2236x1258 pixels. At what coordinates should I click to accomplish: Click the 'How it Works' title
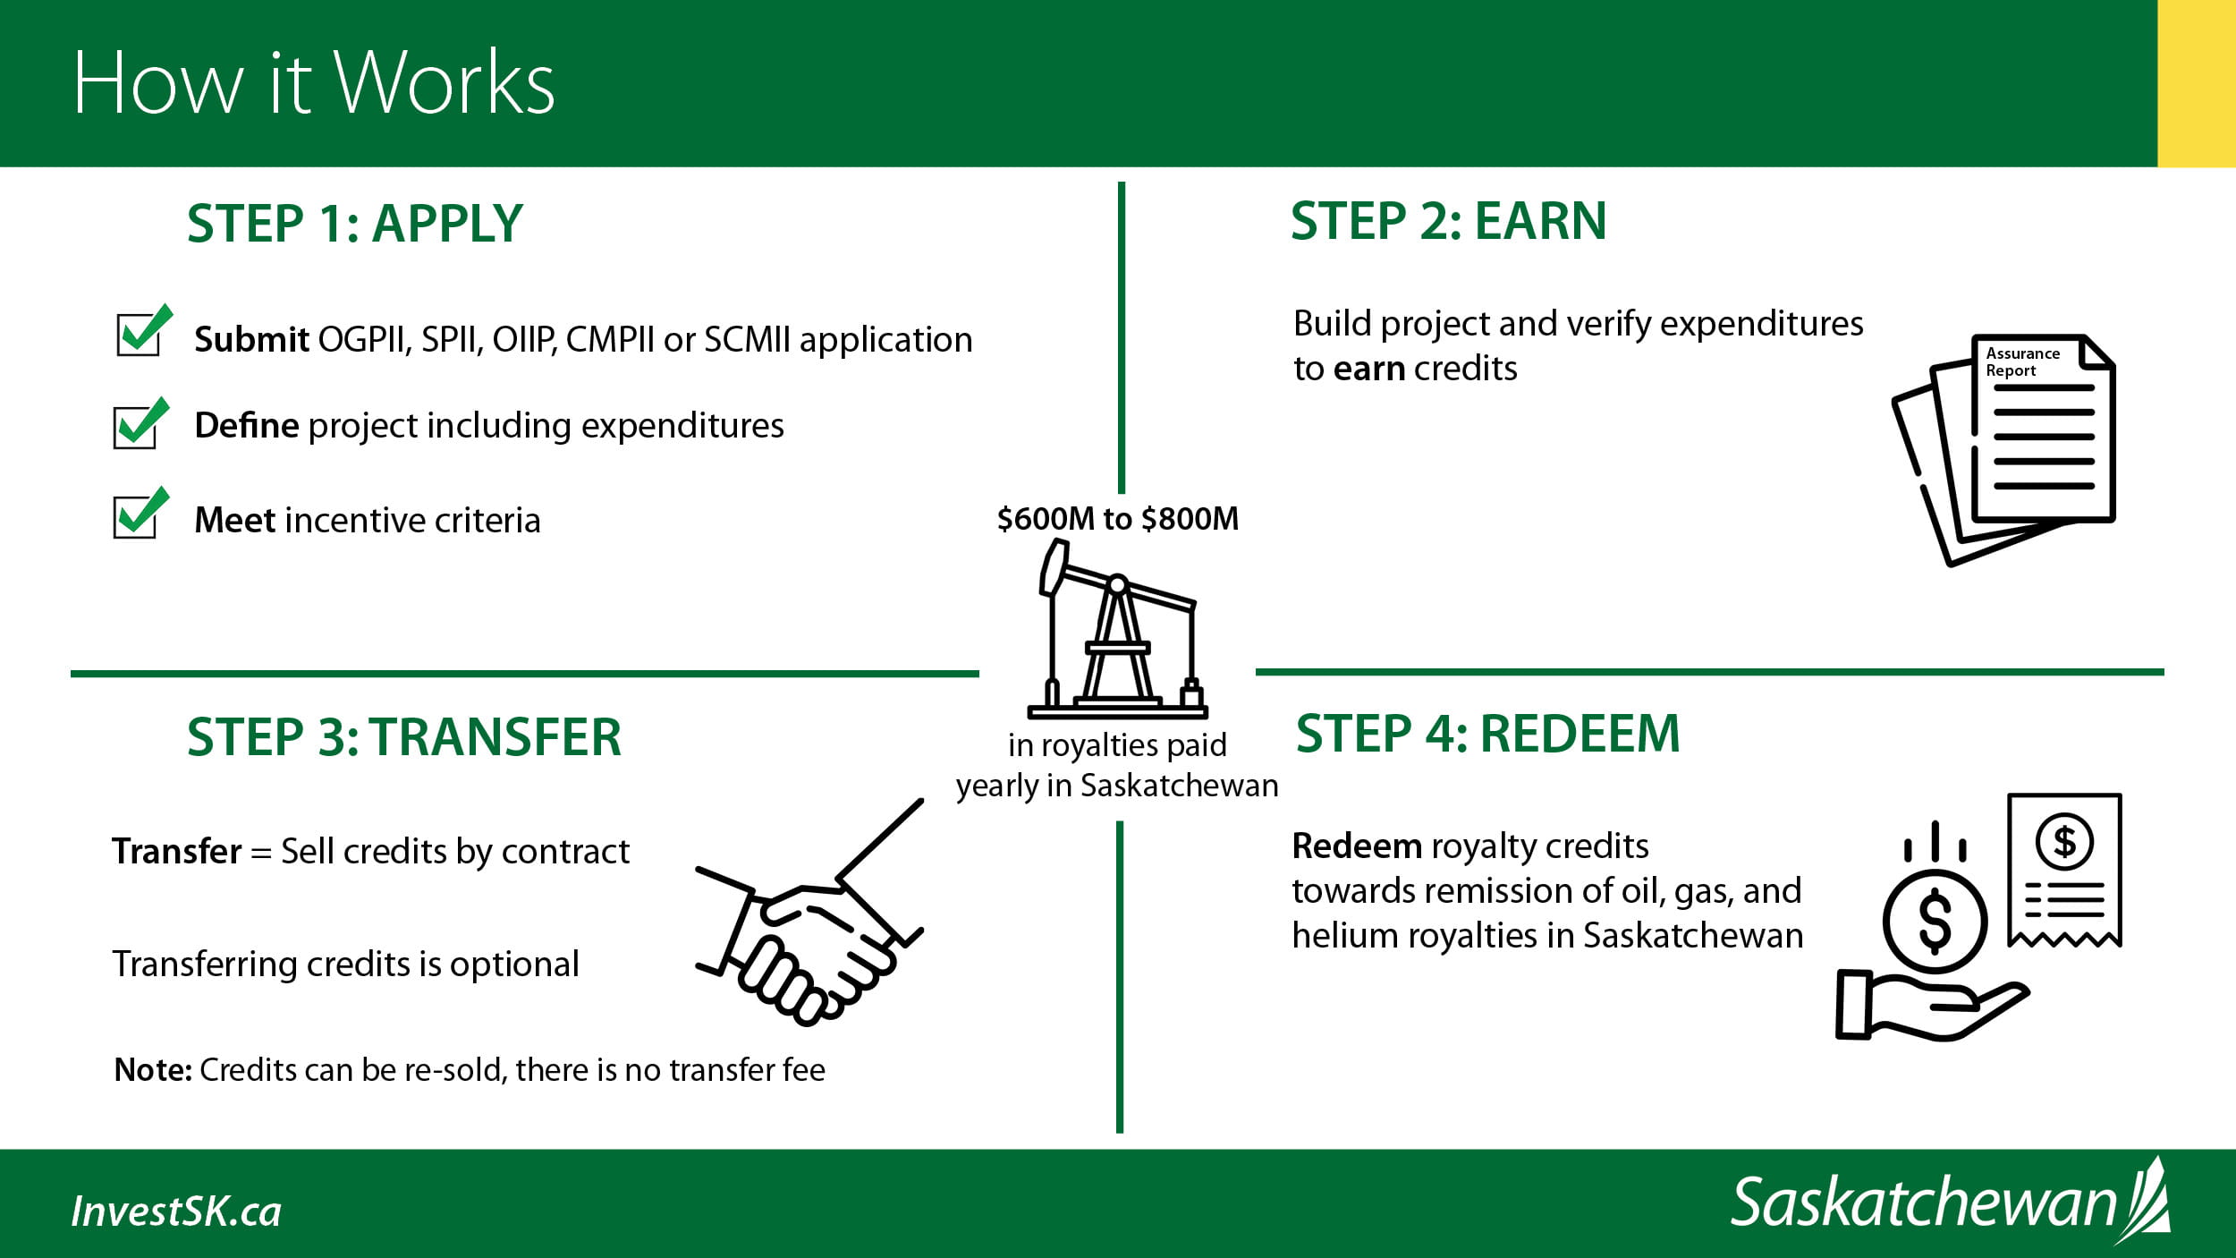pos(314,82)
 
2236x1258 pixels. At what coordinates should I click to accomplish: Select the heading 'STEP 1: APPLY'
pos(355,223)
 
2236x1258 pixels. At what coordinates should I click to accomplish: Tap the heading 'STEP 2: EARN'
pos(1449,221)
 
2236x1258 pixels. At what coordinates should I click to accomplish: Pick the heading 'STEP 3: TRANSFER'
pos(404,737)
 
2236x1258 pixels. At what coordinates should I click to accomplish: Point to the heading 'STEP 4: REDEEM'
pos(1488,734)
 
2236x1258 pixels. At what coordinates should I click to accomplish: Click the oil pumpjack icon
pos(1118,629)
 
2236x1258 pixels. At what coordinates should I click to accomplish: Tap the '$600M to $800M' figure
pos(1118,519)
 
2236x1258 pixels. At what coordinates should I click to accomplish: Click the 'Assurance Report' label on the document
pos(2023,361)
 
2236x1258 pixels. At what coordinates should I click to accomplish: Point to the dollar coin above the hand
pos(1935,922)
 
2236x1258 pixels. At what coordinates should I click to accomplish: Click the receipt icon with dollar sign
pos(2064,870)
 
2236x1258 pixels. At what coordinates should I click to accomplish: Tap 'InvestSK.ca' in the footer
pos(176,1211)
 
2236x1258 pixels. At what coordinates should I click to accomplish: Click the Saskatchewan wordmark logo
pos(1951,1201)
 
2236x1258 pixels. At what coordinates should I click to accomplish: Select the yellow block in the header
pos(2197,83)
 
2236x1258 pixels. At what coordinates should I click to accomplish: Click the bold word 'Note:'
pos(153,1070)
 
